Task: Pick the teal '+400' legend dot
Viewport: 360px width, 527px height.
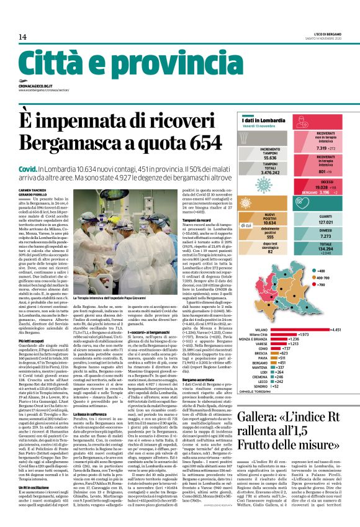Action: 316,271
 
